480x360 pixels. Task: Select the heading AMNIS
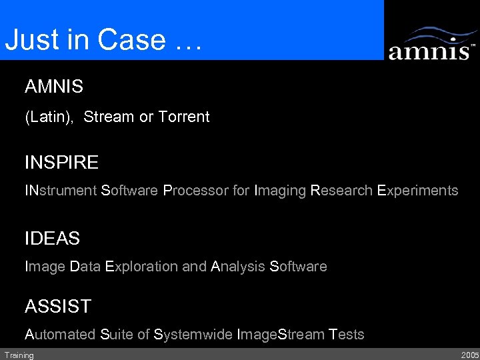point(54,87)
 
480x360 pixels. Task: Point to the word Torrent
point(184,117)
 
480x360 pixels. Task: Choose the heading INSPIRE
point(61,163)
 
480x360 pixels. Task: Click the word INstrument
point(61,191)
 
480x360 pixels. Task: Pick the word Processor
point(195,191)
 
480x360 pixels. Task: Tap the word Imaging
point(281,191)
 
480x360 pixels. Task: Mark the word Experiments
point(418,191)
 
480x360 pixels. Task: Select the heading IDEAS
point(52,238)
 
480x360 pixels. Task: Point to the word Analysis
point(238,267)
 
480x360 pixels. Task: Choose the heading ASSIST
point(58,307)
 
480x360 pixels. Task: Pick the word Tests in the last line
point(347,335)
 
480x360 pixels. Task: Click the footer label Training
point(19,355)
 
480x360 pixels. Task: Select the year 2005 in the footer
point(469,355)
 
